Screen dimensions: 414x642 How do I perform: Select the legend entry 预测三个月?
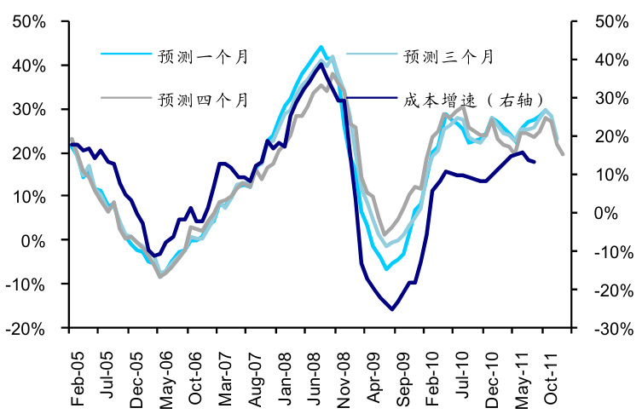pyautogui.click(x=448, y=57)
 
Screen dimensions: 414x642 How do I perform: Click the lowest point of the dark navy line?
pyautogui.click(x=392, y=309)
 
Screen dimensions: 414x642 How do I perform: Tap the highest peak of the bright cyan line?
pyautogui.click(x=321, y=47)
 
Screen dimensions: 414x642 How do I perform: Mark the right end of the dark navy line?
pyautogui.click(x=534, y=162)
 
